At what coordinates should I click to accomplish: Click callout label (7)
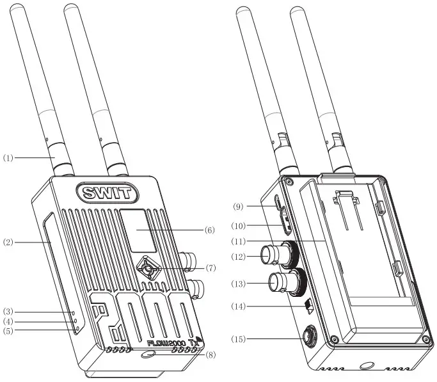pos(210,267)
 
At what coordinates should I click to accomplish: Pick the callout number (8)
pos(210,354)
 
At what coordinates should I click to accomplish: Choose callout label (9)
pos(238,207)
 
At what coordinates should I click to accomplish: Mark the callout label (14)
pos(238,307)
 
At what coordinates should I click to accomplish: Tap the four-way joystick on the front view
pos(148,271)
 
